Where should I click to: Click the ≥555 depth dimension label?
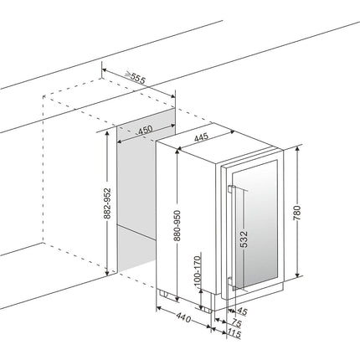pyautogui.click(x=135, y=78)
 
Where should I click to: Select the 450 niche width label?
pyautogui.click(x=146, y=130)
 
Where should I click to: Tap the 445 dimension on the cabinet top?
pyautogui.click(x=201, y=137)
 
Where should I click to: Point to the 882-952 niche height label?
pyautogui.click(x=107, y=203)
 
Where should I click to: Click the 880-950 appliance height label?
pyautogui.click(x=177, y=225)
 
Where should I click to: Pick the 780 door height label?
pyautogui.click(x=297, y=213)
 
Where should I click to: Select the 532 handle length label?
pyautogui.click(x=244, y=239)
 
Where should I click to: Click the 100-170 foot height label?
pyautogui.click(x=197, y=271)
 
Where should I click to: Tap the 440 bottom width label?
pyautogui.click(x=183, y=317)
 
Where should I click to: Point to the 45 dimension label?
pyautogui.click(x=242, y=311)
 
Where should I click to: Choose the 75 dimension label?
pyautogui.click(x=236, y=323)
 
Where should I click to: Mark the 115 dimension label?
pyautogui.click(x=234, y=333)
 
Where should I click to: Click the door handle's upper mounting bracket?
pyautogui.click(x=232, y=189)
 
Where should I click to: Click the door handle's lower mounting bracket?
pyautogui.click(x=232, y=281)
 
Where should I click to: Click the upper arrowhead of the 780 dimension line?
pyautogui.click(x=297, y=148)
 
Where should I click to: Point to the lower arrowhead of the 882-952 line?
pyautogui.click(x=107, y=273)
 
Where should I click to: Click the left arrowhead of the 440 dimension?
pyautogui.click(x=159, y=308)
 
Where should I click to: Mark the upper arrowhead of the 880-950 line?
pyautogui.click(x=177, y=152)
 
